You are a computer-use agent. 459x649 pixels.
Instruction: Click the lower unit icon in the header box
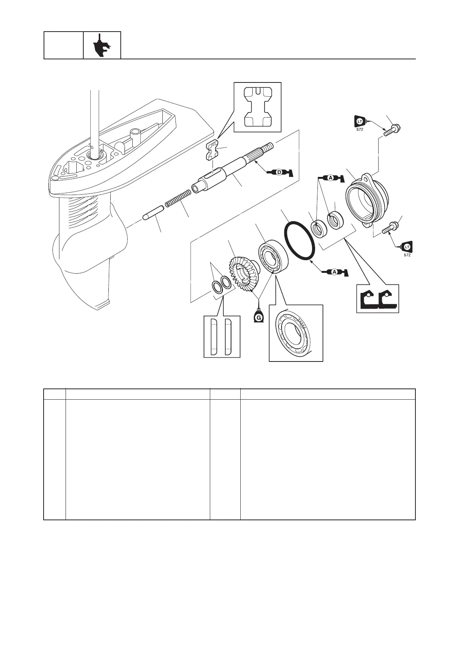pyautogui.click(x=102, y=45)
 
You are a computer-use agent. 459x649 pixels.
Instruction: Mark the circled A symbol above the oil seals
pyautogui.click(x=331, y=178)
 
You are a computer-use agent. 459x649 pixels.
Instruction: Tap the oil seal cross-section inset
pyautogui.click(x=377, y=299)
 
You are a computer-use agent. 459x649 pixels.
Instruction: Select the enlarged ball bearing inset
pyautogui.click(x=295, y=333)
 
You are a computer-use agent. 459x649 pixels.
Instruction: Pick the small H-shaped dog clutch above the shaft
pyautogui.click(x=212, y=150)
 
